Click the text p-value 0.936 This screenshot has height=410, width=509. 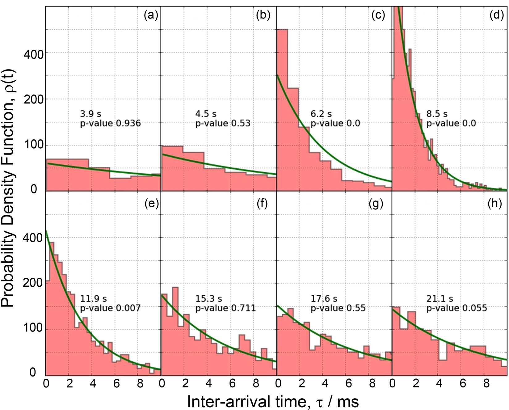tap(110, 124)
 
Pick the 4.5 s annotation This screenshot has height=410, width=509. tap(206, 114)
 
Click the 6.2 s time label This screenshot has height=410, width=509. tap(321, 114)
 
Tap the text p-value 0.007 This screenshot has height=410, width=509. tap(110, 308)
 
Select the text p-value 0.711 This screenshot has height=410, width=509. tap(225, 308)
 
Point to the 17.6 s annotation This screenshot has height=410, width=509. tap(324, 299)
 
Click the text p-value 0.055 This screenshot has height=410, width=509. tap(456, 308)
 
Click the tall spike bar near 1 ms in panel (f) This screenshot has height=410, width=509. tap(175, 328)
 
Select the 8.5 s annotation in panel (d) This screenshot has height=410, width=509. tap(437, 114)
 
